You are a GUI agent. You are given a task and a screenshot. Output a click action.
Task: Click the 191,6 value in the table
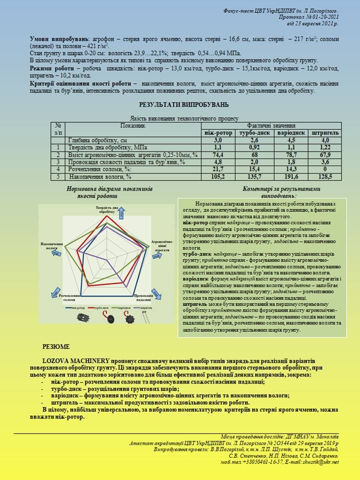point(291,176)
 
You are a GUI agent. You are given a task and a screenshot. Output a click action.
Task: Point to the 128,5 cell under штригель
point(325,176)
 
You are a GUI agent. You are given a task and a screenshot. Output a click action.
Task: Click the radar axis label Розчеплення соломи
point(70,298)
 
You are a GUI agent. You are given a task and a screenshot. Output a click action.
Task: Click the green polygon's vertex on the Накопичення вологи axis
point(65,247)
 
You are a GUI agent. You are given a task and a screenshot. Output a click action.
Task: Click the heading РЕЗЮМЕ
point(56,346)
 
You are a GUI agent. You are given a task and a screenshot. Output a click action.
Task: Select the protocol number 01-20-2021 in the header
point(320,16)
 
